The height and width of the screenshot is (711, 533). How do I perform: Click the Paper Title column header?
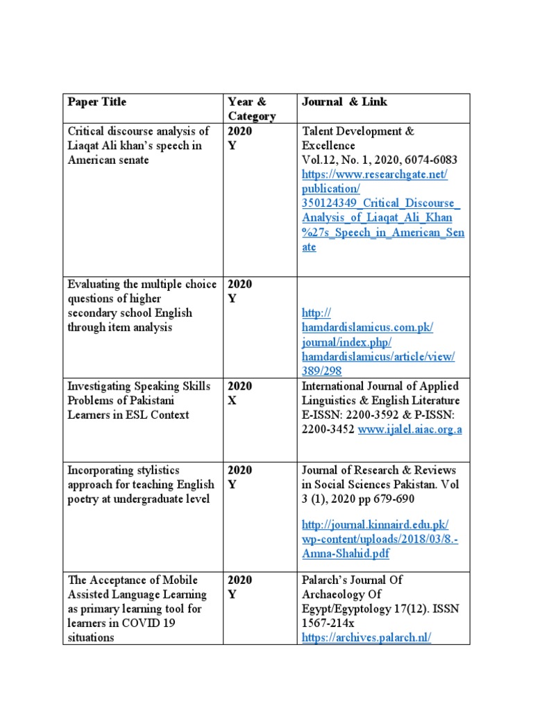pyautogui.click(x=97, y=102)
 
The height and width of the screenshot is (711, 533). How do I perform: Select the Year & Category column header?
pyautogui.click(x=251, y=109)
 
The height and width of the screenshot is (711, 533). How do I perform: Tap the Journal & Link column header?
pyautogui.click(x=344, y=102)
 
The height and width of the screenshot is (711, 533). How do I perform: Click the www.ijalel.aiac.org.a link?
pyautogui.click(x=409, y=430)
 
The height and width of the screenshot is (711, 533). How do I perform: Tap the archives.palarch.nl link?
pyautogui.click(x=366, y=637)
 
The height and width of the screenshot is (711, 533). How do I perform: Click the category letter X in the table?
pyautogui.click(x=232, y=401)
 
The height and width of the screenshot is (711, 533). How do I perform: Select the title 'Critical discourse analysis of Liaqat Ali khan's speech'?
pyautogui.click(x=139, y=145)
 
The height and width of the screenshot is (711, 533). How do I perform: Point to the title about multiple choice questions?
pyautogui.click(x=142, y=306)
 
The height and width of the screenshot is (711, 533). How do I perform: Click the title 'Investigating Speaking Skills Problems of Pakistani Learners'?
pyautogui.click(x=139, y=401)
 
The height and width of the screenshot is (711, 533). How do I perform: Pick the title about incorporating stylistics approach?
pyautogui.click(x=141, y=485)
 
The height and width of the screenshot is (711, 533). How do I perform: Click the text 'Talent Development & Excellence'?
pyautogui.click(x=357, y=138)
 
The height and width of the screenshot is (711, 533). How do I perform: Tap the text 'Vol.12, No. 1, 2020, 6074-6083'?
pyautogui.click(x=380, y=160)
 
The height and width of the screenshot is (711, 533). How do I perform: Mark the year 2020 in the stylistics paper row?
pyautogui.click(x=240, y=470)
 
